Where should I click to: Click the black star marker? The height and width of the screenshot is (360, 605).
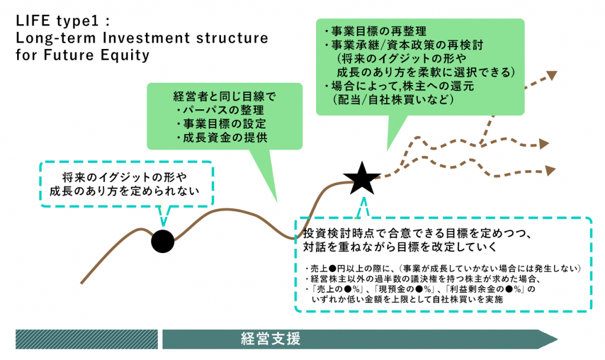[362, 178]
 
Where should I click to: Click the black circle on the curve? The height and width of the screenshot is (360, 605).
[162, 241]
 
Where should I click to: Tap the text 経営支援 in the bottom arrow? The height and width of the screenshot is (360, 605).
[271, 339]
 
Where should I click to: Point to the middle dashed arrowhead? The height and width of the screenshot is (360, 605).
[544, 144]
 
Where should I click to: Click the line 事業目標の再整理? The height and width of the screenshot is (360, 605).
[375, 31]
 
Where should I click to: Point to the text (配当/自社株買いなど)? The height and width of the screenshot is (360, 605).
[392, 100]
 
